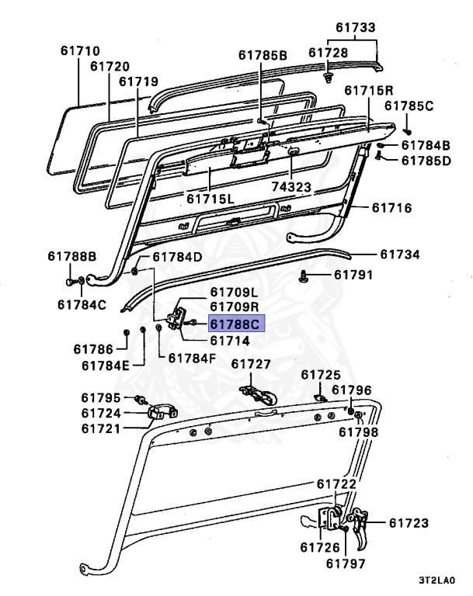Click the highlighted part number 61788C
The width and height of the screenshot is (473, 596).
point(235,324)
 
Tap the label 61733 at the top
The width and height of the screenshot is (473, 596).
point(356,27)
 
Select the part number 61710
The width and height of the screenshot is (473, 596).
point(80,50)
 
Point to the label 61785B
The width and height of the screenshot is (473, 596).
point(263,55)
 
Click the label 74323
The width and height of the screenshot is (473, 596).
point(291,186)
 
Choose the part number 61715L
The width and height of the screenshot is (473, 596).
point(210,199)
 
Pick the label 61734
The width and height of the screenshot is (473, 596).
point(400,255)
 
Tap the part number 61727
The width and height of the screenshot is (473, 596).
point(251,364)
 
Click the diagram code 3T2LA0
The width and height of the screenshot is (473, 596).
point(436,580)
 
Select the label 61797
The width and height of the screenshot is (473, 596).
point(346,563)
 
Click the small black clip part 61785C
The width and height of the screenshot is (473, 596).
point(408,131)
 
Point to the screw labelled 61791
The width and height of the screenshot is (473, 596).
point(303,275)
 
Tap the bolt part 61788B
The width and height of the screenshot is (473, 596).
point(70,282)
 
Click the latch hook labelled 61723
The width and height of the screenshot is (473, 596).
point(359,526)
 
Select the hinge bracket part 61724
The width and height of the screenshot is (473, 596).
point(162,412)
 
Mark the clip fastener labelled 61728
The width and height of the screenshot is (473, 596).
point(328,78)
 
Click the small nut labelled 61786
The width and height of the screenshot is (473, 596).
point(127,333)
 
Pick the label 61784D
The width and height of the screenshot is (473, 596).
point(177,257)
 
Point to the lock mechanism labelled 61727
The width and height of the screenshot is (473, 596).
point(259,395)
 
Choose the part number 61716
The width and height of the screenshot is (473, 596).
point(391,207)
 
